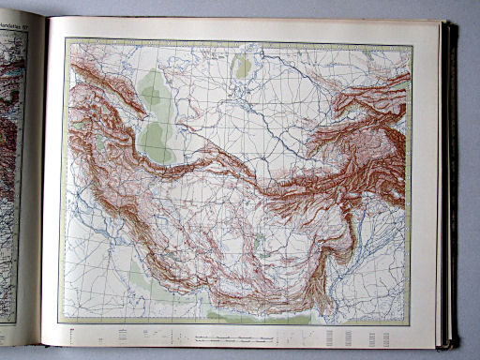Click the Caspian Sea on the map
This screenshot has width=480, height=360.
[153, 117]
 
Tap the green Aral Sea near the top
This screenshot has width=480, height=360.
[242, 66]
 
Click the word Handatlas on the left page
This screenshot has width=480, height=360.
[14, 25]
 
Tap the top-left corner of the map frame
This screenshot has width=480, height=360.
[67, 38]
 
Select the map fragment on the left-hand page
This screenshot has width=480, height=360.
[11, 141]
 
